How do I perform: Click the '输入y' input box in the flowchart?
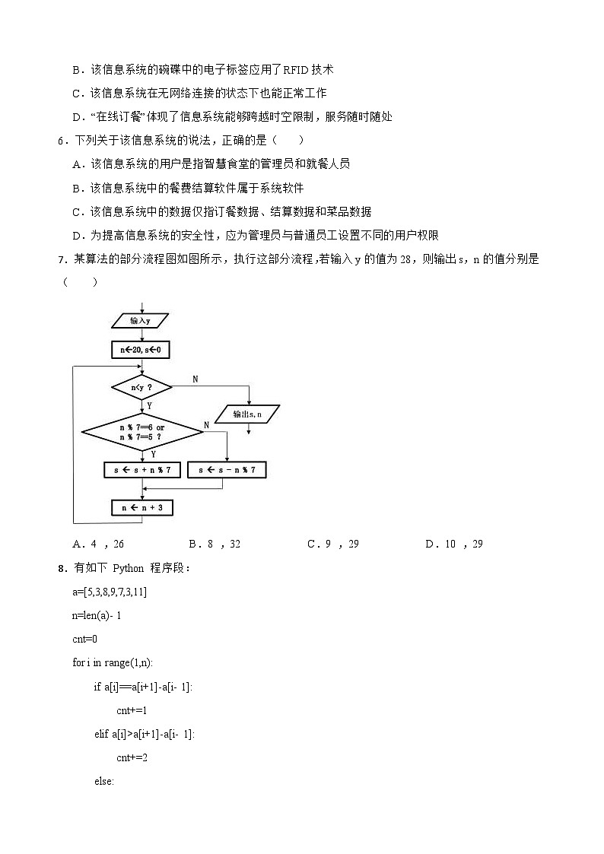pyautogui.click(x=140, y=321)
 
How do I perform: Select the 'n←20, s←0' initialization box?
pyautogui.click(x=141, y=350)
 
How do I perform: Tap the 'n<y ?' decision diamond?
pyautogui.click(x=141, y=388)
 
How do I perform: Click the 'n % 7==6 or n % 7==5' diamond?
pyautogui.click(x=142, y=432)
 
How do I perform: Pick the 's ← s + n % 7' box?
pyautogui.click(x=142, y=471)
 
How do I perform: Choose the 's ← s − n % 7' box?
pyautogui.click(x=227, y=471)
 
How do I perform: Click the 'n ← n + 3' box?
pyautogui.click(x=142, y=507)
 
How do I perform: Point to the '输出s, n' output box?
pyautogui.click(x=247, y=414)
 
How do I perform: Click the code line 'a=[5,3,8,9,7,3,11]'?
pyautogui.click(x=110, y=592)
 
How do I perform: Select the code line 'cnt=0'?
pyautogui.click(x=84, y=639)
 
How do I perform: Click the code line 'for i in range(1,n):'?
pyautogui.click(x=113, y=662)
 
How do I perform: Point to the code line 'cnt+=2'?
pyautogui.click(x=132, y=757)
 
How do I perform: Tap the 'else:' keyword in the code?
pyautogui.click(x=103, y=781)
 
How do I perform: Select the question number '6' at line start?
pyautogui.click(x=60, y=140)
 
